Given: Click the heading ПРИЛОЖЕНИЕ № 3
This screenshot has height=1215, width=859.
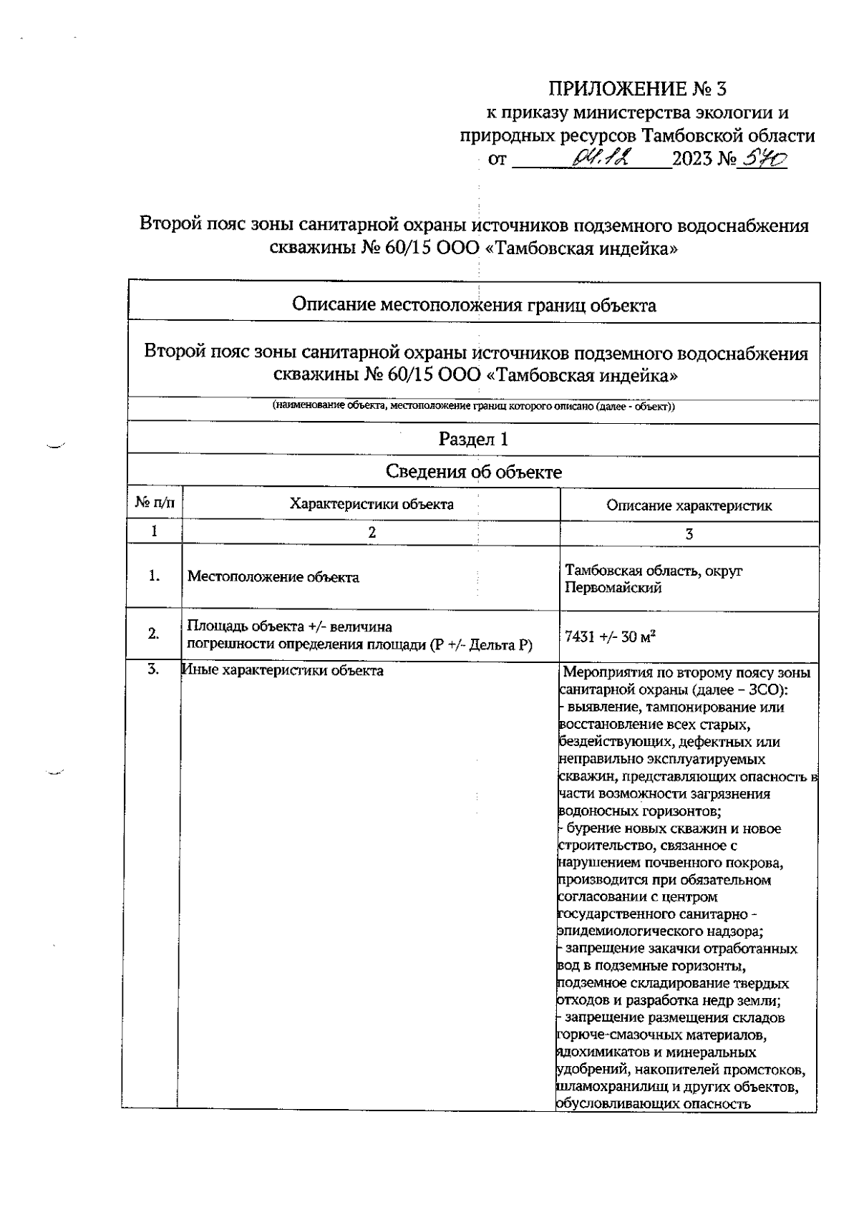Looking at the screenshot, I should (636, 89).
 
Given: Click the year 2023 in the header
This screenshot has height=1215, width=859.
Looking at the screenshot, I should (692, 159).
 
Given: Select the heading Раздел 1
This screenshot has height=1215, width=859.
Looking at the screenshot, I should (473, 439).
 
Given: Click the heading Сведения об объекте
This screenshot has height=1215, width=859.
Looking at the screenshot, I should (473, 472).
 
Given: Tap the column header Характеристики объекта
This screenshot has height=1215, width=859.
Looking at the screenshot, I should (371, 504).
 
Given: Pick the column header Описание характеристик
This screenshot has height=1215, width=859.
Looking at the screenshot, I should (689, 505).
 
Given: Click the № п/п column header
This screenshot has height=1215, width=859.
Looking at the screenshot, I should (155, 504).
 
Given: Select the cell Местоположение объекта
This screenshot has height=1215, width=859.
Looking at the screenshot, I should (273, 577).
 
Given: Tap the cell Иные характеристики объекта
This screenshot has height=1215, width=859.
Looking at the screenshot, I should (283, 671).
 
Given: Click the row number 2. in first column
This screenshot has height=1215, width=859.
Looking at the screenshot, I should (154, 634).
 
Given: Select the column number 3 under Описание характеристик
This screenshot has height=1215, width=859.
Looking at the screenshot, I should (689, 534).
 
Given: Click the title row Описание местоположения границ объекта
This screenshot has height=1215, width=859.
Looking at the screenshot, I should (473, 306).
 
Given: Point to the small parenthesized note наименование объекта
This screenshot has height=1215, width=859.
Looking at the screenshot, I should (473, 407).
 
